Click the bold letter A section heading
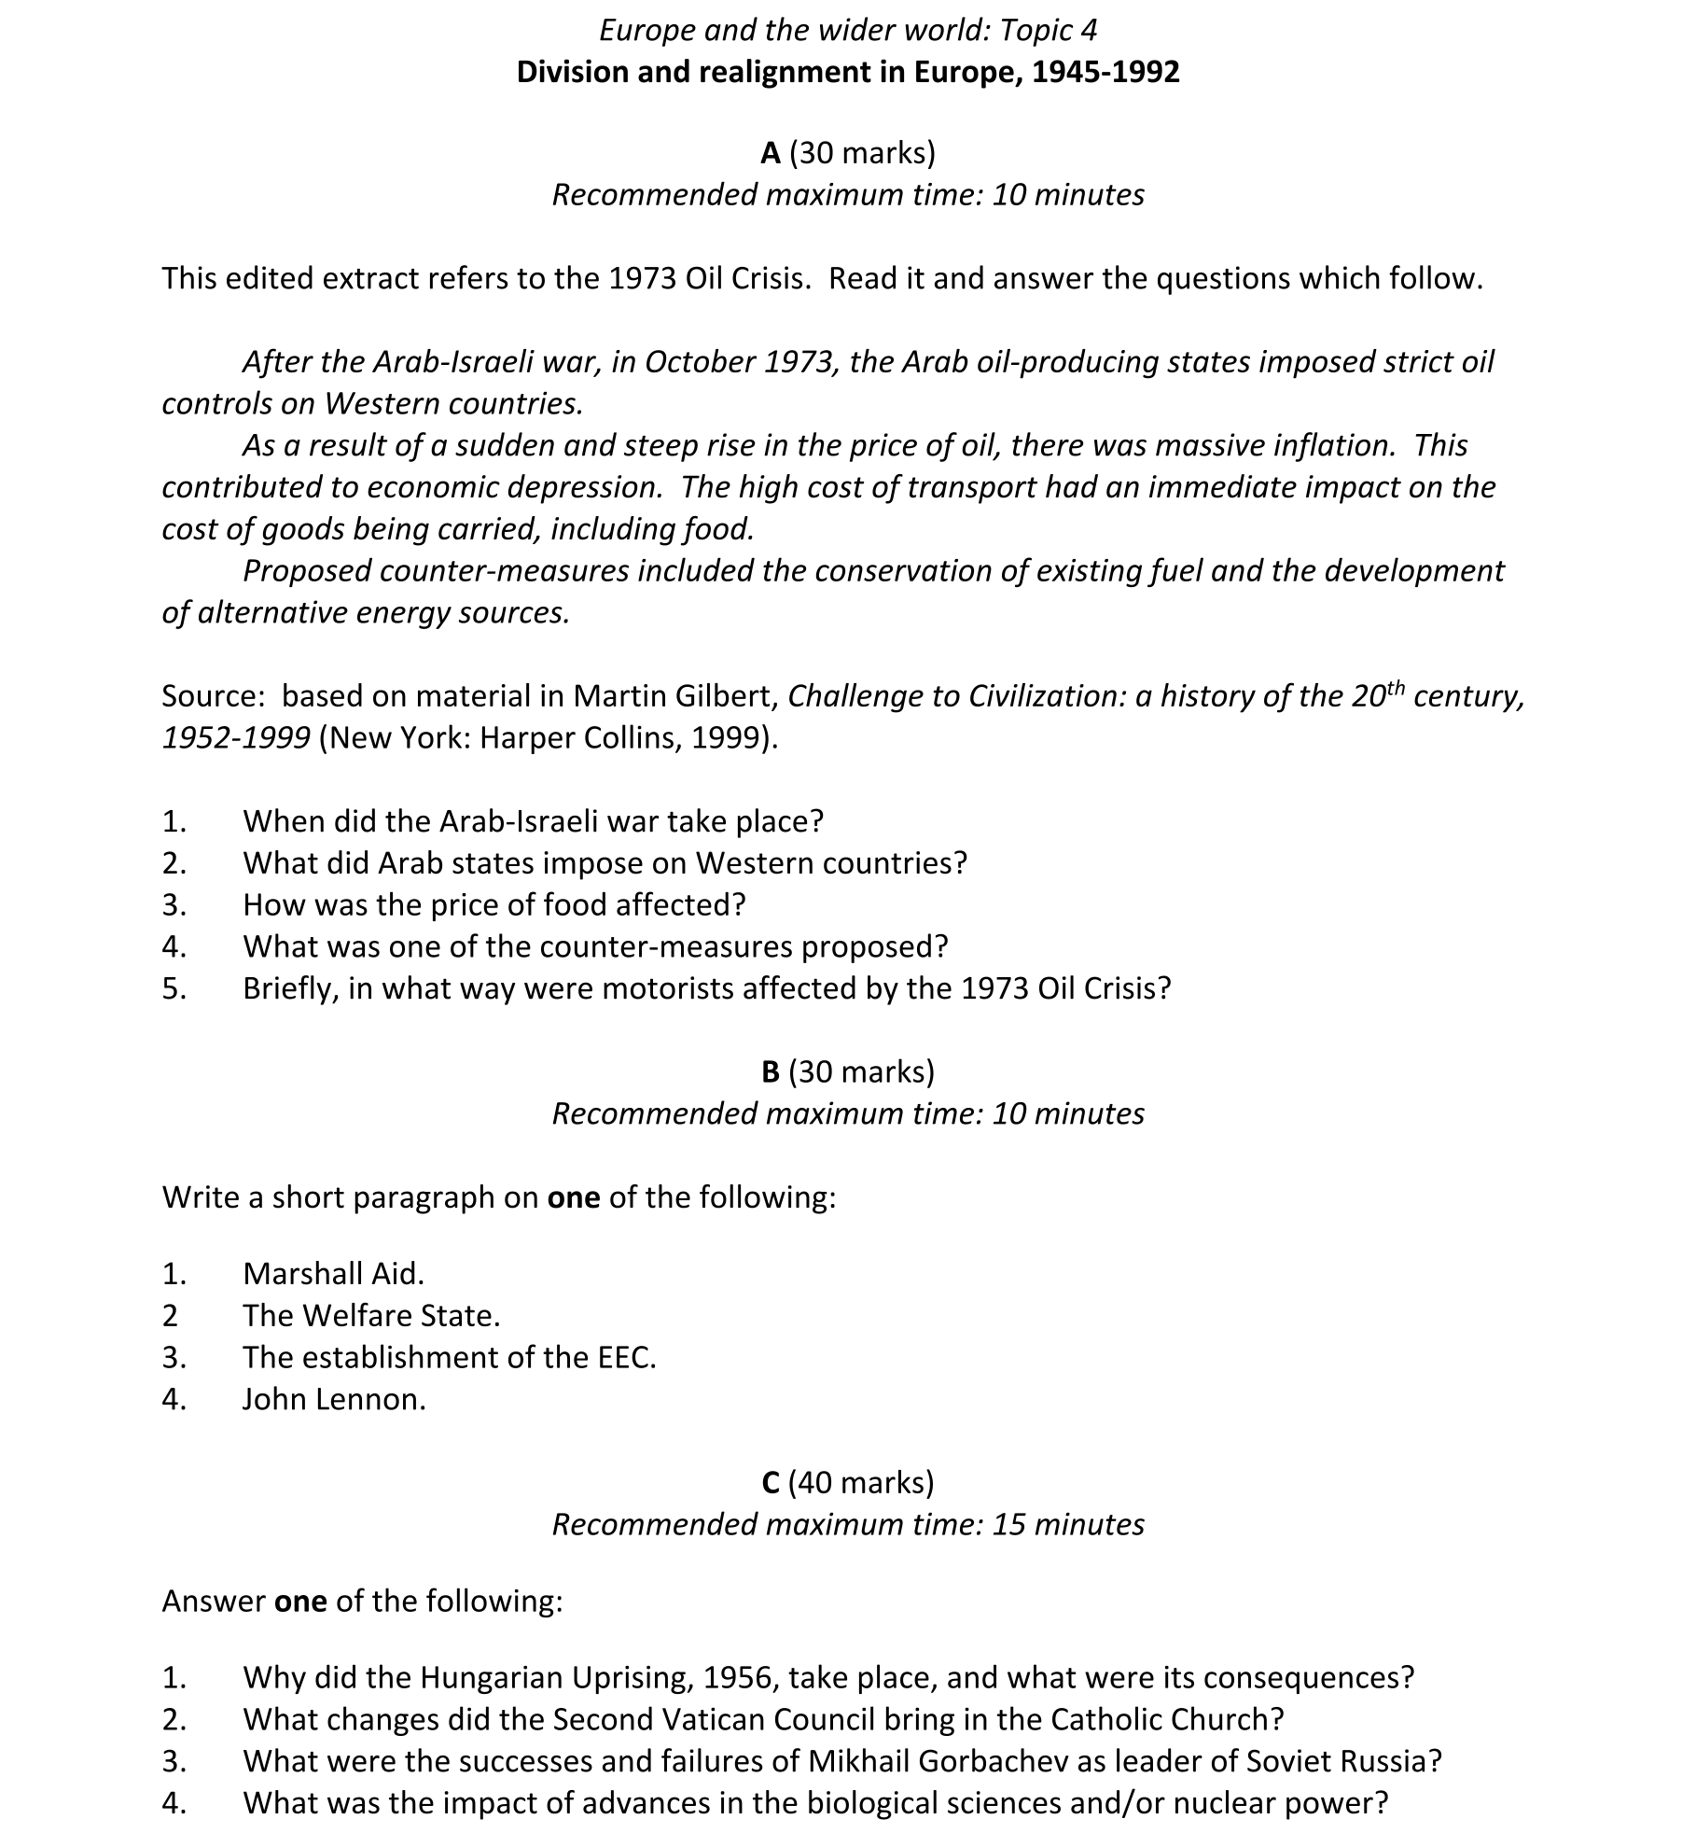770,153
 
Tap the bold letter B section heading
770,1071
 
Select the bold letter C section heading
770,1482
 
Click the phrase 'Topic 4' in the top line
1049,31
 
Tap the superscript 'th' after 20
1394,688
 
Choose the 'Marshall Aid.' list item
333,1273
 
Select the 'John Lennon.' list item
334,1399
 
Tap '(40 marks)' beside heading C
861,1482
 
